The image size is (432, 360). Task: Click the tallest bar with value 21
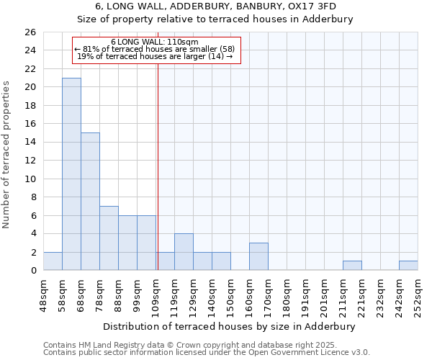coord(71,174)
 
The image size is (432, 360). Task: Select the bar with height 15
coord(90,202)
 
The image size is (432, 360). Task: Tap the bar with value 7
coord(109,238)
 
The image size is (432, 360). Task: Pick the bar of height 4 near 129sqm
coord(184,252)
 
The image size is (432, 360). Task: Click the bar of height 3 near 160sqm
coord(258,256)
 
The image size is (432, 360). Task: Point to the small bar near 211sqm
coord(352,266)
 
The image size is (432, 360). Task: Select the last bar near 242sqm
coord(408,266)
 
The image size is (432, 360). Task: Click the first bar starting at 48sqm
coord(53,261)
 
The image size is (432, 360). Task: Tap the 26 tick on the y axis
coord(30,32)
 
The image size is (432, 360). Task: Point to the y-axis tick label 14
coord(30,143)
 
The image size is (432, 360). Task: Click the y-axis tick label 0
coord(32,271)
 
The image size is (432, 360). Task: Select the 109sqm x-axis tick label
coord(156,295)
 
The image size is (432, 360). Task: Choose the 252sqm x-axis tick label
coord(418,295)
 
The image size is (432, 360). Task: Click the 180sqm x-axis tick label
coord(287,295)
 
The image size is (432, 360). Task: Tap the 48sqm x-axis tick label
coord(43,295)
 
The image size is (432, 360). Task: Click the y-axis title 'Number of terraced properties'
coord(6,155)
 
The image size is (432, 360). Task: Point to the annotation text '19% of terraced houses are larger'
coord(155,56)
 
